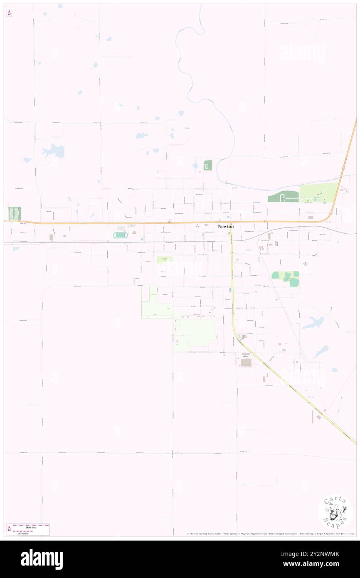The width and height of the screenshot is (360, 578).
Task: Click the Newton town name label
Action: pyautogui.click(x=226, y=227)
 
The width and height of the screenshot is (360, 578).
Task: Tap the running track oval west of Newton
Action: pyautogui.click(x=120, y=235)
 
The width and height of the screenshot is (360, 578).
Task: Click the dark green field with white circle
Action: pyautogui.click(x=15, y=214)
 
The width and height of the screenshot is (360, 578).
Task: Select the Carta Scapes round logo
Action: pyautogui.click(x=335, y=513)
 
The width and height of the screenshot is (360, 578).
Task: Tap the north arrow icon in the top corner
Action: pyautogui.click(x=9, y=13)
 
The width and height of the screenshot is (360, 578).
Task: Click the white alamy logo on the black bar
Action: pyautogui.click(x=42, y=559)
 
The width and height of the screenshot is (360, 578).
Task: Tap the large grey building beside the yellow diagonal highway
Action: pyautogui.click(x=246, y=363)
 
